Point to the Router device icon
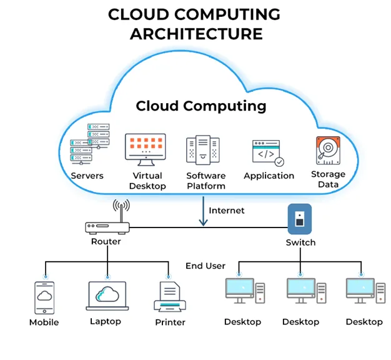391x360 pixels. point(106,228)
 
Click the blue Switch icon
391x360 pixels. point(299,219)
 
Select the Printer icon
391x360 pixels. point(169,297)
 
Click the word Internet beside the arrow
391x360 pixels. point(227,211)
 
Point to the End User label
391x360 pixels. point(205,266)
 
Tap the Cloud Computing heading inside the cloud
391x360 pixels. point(200,106)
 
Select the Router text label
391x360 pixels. point(106,241)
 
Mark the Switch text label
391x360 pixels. point(300,242)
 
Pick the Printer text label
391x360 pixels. point(170,322)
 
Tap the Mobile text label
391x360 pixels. point(44,322)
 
